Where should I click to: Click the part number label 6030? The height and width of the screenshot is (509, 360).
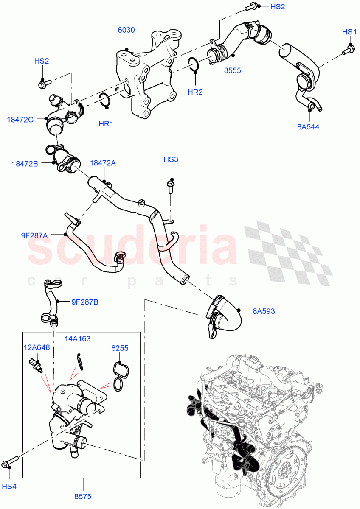click(x=126, y=30)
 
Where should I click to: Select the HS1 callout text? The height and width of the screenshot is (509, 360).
click(x=350, y=32)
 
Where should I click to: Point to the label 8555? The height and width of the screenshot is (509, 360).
click(x=233, y=70)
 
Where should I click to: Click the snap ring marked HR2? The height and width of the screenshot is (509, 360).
click(x=193, y=64)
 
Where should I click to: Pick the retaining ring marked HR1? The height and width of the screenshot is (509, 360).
click(x=104, y=100)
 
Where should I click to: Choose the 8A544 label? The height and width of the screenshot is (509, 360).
click(x=308, y=126)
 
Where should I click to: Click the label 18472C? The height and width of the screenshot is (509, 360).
click(x=20, y=120)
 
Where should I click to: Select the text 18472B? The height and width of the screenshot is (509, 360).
click(x=25, y=163)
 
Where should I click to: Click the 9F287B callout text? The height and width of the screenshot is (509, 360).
click(x=84, y=302)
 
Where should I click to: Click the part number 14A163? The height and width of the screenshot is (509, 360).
click(x=78, y=338)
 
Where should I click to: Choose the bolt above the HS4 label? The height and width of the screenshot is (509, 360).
click(x=10, y=461)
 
